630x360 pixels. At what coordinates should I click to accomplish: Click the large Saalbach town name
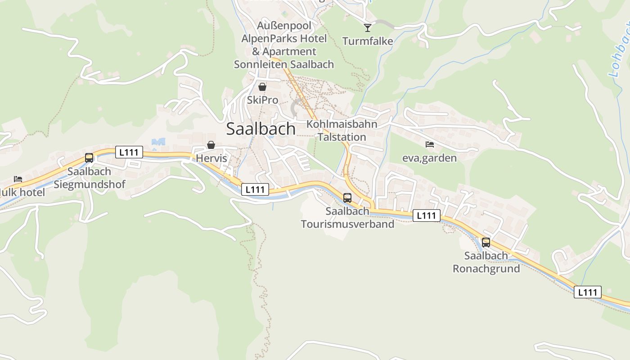(261, 129)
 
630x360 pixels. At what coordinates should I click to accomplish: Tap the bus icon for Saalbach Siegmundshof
(89, 158)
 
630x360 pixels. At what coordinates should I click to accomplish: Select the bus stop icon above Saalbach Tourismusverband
(347, 198)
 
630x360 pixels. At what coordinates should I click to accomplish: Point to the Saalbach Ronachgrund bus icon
(486, 242)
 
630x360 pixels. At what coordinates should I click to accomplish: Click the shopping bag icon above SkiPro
(262, 87)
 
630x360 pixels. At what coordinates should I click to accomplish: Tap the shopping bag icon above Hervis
(211, 145)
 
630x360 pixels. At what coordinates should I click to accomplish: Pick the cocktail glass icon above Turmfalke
(368, 28)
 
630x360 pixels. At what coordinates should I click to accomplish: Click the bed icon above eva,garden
(430, 144)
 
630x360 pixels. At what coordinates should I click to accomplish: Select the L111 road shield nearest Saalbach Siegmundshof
(129, 152)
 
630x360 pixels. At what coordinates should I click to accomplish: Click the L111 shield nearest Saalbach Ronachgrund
(588, 292)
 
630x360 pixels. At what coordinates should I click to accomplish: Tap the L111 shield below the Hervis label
(255, 189)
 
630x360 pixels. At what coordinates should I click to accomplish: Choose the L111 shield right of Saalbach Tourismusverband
(426, 216)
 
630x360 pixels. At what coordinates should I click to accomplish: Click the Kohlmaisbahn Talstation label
(342, 130)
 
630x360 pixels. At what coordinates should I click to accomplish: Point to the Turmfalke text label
(368, 41)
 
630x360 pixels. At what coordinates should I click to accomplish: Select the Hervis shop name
(211, 158)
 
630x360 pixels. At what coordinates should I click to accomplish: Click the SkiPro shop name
(262, 100)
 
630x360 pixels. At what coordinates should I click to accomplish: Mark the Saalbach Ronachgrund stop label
(486, 262)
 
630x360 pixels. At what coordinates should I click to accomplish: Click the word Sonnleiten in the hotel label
(261, 64)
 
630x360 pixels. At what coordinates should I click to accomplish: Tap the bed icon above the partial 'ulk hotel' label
(18, 179)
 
